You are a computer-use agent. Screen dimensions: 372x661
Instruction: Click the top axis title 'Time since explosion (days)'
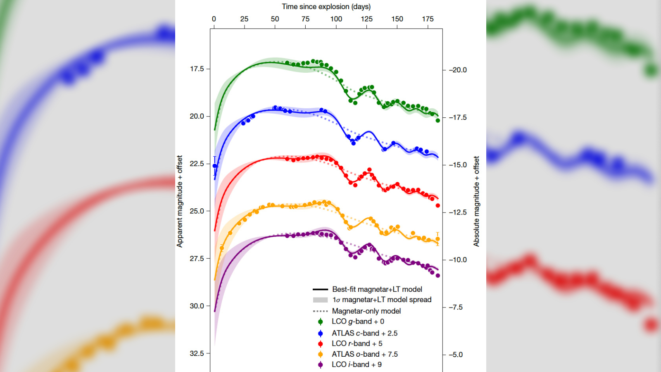[326, 7]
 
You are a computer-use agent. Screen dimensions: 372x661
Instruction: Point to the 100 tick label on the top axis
[336, 19]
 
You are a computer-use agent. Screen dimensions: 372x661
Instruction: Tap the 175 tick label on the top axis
[428, 19]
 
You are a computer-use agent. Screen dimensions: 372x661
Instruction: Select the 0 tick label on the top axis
[214, 19]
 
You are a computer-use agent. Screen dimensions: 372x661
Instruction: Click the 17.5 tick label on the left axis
[197, 69]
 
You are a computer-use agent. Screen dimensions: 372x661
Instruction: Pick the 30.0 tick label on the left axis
[197, 306]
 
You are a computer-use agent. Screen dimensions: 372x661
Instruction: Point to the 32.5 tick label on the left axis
[197, 353]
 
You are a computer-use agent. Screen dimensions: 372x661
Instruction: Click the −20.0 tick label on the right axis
[458, 70]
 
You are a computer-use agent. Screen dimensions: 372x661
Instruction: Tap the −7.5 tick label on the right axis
[456, 307]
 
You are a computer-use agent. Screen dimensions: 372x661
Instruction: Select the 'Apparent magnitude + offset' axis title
[180, 201]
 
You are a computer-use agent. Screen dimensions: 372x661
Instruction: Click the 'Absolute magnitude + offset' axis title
[476, 201]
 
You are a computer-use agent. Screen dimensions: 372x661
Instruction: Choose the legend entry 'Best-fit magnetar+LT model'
[377, 289]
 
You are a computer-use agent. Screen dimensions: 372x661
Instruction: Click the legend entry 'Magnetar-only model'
[366, 311]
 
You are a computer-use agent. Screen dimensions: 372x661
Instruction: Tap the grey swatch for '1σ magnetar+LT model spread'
[320, 300]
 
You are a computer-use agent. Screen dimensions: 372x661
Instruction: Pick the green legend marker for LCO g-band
[320, 322]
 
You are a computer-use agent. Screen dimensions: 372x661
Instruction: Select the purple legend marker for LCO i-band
[320, 365]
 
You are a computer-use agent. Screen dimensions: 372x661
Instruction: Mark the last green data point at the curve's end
[438, 120]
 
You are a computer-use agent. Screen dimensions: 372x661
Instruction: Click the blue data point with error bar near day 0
[214, 166]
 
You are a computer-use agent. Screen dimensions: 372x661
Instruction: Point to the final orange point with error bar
[437, 239]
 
